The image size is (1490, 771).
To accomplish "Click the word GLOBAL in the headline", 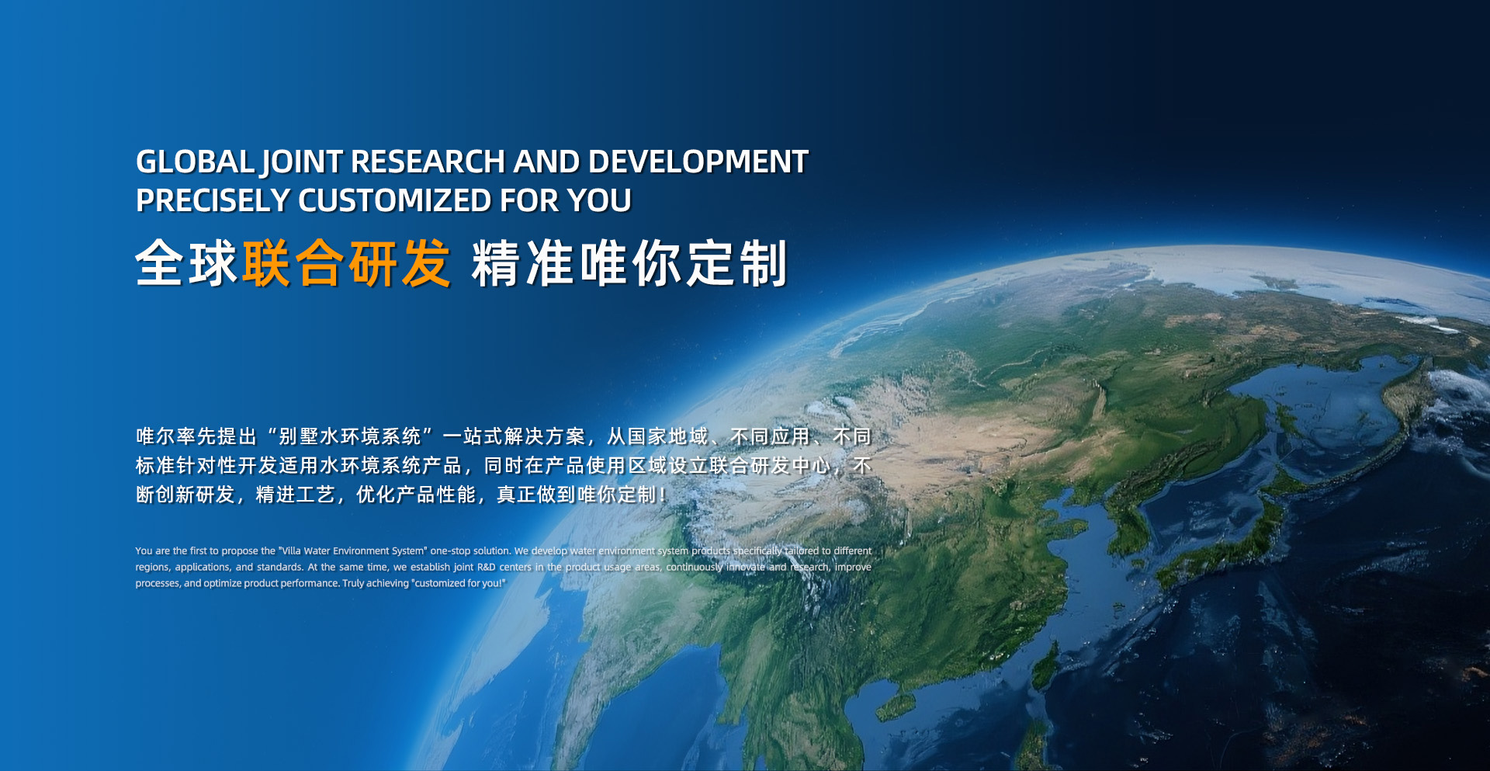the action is pyautogui.click(x=196, y=161).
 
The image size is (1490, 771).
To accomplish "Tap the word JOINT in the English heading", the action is pyautogui.click(x=302, y=163).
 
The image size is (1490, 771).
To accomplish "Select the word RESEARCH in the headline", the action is pyautogui.click(x=428, y=161).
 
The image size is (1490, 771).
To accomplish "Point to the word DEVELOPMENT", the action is pyautogui.click(x=698, y=161).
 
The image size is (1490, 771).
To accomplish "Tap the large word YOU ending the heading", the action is pyautogui.click(x=599, y=200).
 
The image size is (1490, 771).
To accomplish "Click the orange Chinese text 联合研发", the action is pyautogui.click(x=346, y=263).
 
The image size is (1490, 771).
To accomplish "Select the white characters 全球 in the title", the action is pyautogui.click(x=186, y=263).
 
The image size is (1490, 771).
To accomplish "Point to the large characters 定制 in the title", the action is pyautogui.click(x=737, y=263).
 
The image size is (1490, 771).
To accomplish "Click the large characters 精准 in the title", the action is pyautogui.click(x=524, y=263).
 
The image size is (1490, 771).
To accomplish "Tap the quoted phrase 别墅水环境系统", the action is pyautogui.click(x=350, y=436).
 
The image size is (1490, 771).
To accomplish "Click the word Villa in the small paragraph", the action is pyautogui.click(x=290, y=550).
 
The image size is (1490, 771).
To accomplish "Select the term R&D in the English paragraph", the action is pyautogui.click(x=487, y=567).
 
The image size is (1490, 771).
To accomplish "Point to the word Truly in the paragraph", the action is pyautogui.click(x=354, y=584).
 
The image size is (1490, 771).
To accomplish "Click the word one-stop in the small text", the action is pyautogui.click(x=450, y=551).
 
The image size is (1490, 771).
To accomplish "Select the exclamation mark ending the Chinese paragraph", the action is pyautogui.click(x=662, y=495).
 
